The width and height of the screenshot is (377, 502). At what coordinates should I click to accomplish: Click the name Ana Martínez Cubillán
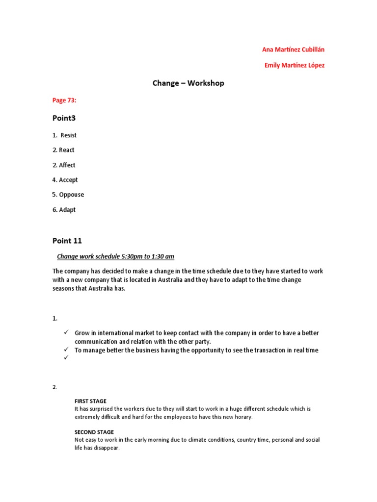294,50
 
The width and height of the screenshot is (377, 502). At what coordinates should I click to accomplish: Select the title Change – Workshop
188,83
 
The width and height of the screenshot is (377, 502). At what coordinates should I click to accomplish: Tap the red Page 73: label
64,100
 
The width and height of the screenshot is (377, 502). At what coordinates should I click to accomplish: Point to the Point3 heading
64,118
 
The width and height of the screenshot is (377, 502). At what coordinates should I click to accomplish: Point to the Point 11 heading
67,241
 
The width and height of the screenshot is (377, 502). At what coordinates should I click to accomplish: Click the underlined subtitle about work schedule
116,256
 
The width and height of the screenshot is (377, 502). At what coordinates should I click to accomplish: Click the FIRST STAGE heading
90,401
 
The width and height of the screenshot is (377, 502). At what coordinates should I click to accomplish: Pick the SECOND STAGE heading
94,432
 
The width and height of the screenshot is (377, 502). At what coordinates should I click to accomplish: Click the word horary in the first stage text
242,417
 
